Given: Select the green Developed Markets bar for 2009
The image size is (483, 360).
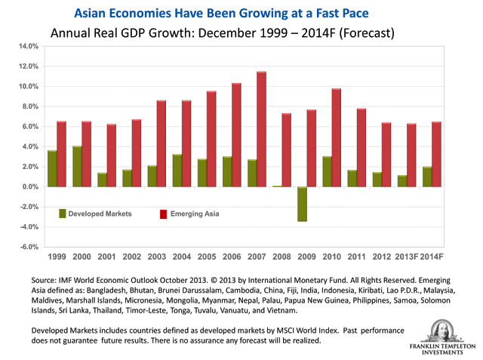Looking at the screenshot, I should [302, 204].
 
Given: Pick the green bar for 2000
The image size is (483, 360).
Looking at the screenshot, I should [77, 166].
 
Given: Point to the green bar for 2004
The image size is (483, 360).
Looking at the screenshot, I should [177, 170].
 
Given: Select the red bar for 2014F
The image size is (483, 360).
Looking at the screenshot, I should [436, 154].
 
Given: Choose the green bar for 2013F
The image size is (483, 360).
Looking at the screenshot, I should [401, 180].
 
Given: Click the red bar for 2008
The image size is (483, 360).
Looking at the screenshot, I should [286, 149].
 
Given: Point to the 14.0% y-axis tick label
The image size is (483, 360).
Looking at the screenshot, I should [28, 46].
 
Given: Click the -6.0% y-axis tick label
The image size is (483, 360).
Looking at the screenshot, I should [28, 246].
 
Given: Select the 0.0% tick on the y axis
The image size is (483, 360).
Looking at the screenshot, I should [29, 186].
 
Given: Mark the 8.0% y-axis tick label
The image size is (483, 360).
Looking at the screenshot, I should [29, 106].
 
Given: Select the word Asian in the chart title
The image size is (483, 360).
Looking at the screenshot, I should [93, 14].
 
